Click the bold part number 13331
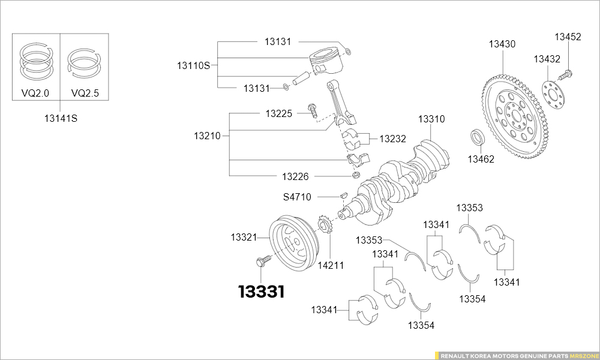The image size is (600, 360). (262, 292)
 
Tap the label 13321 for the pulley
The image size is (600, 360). (244, 237)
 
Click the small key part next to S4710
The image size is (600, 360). (344, 194)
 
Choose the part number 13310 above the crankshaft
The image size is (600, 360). (431, 119)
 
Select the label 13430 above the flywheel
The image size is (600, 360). (502, 44)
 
